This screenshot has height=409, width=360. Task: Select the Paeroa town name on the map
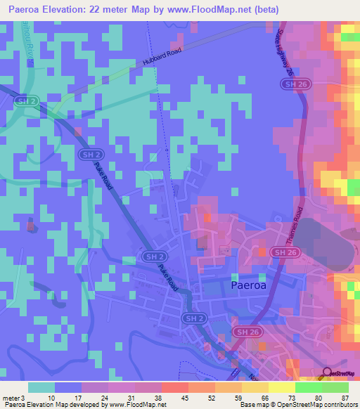click(253, 285)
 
